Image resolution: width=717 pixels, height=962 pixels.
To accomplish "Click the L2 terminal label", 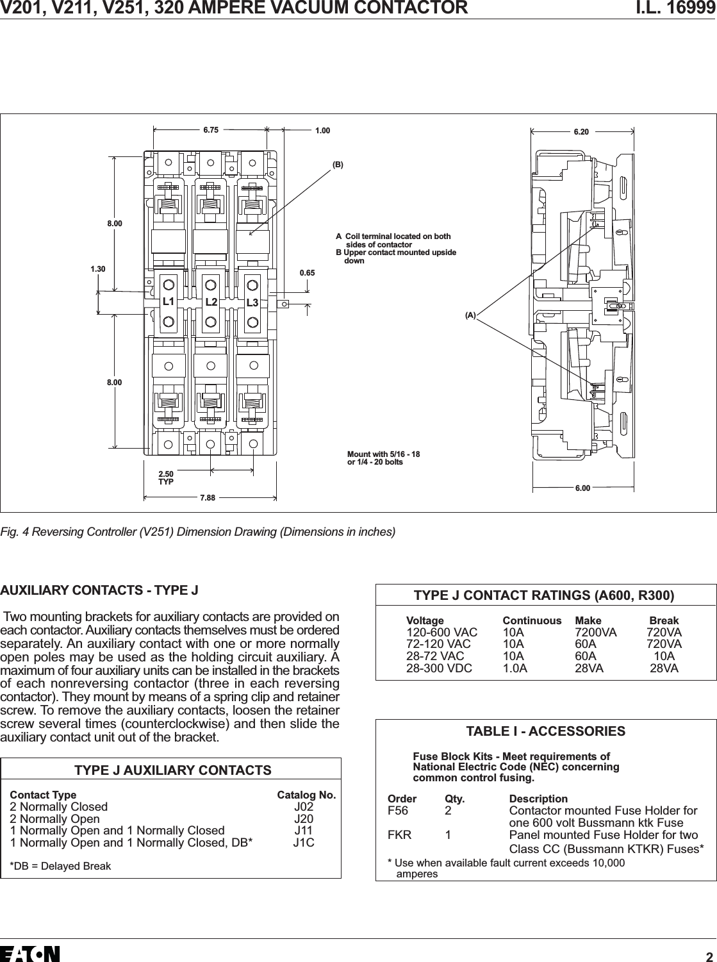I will (211, 302).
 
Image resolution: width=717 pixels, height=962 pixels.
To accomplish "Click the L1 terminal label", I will (169, 301).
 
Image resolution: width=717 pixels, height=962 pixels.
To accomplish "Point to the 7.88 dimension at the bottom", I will (207, 497).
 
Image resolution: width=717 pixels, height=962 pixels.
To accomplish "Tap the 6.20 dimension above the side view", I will (581, 132).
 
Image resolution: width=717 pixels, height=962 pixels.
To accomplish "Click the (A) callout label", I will (471, 315).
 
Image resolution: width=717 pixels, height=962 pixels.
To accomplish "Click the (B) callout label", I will (338, 165).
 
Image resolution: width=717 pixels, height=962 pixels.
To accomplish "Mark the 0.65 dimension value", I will (308, 273).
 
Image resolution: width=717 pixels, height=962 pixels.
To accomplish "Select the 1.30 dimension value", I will (98, 269).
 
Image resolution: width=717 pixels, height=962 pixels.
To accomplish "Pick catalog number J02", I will (304, 807).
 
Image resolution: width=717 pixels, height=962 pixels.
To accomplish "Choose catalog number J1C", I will (304, 842).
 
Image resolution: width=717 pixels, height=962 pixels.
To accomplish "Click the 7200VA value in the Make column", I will (596, 633).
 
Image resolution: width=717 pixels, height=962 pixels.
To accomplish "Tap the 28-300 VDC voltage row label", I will (439, 668).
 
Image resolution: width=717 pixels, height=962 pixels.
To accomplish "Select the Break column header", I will (664, 620).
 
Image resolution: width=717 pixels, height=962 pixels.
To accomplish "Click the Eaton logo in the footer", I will (30, 953).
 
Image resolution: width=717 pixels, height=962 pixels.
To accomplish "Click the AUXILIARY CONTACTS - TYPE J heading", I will (99, 590).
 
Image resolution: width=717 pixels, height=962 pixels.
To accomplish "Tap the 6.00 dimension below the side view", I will (582, 488).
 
